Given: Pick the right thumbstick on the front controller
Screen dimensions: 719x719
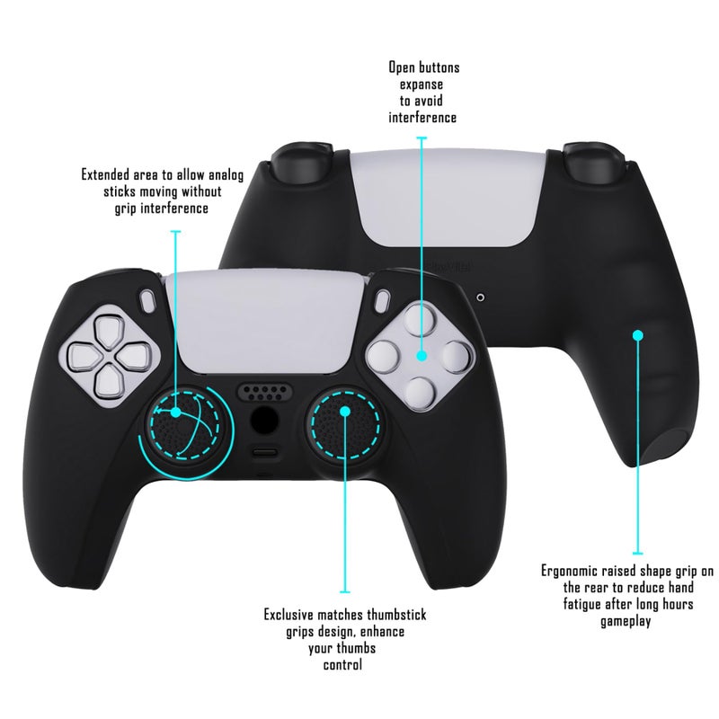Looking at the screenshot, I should pyautogui.click(x=347, y=419).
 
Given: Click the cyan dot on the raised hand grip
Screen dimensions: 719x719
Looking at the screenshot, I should pyautogui.click(x=638, y=334).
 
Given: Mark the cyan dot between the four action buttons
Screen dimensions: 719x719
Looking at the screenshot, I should pyautogui.click(x=422, y=356).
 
